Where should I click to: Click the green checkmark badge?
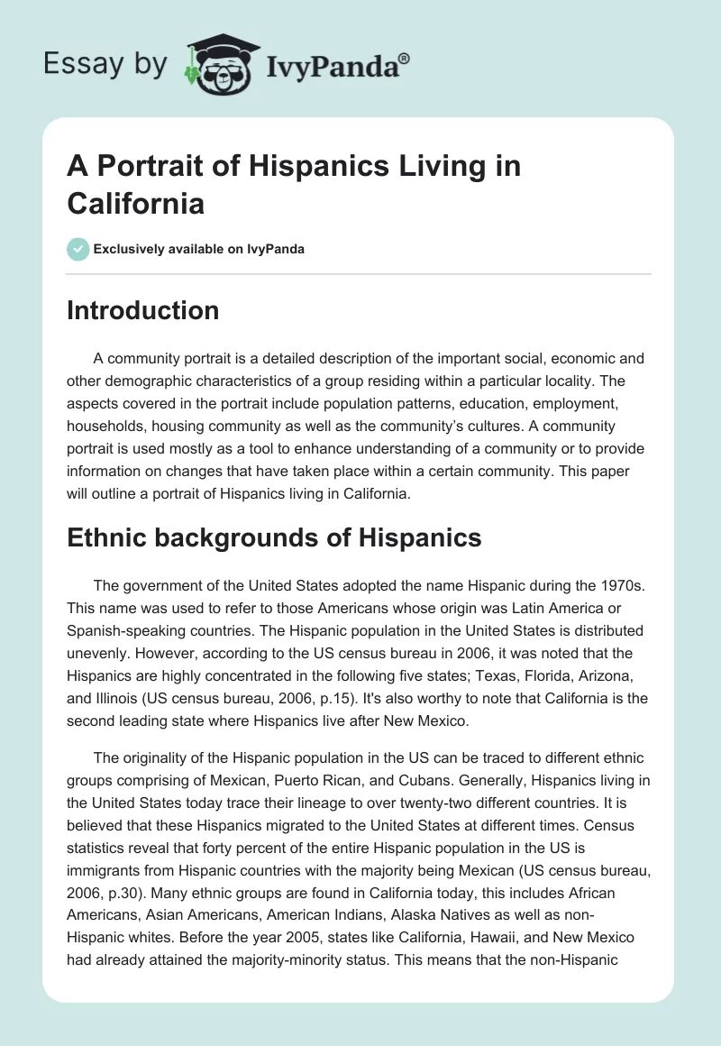tap(78, 249)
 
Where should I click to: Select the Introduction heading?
tap(143, 310)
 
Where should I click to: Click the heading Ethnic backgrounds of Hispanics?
tap(274, 537)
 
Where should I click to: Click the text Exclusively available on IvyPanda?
tap(199, 249)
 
